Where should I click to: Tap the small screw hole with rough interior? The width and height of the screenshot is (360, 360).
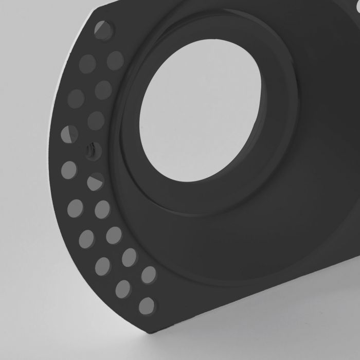click(x=93, y=150)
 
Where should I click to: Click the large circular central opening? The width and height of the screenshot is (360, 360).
click(x=200, y=111)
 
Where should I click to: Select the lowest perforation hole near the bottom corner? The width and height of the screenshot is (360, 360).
click(x=147, y=305)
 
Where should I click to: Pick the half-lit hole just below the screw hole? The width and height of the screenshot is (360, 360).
click(x=95, y=181)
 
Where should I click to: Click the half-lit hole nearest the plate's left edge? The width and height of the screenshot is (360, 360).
click(x=69, y=134)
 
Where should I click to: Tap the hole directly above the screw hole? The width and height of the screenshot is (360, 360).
click(x=96, y=120)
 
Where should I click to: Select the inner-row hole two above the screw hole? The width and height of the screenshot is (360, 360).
click(x=103, y=89)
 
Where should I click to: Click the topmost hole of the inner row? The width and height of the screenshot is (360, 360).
click(x=115, y=60)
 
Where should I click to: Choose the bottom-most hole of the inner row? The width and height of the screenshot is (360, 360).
click(x=149, y=274)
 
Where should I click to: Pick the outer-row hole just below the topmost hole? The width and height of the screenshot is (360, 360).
click(x=87, y=63)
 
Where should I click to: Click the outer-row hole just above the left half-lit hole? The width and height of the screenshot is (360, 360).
click(x=76, y=98)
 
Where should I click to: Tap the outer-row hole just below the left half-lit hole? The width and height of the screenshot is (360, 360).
click(x=69, y=170)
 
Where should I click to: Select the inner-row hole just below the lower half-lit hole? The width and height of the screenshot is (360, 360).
click(x=102, y=209)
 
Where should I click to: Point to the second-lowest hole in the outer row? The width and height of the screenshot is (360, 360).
click(x=123, y=289)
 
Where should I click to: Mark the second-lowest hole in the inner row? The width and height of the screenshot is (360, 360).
click(x=130, y=257)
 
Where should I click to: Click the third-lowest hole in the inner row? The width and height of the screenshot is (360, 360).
click(x=114, y=235)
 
